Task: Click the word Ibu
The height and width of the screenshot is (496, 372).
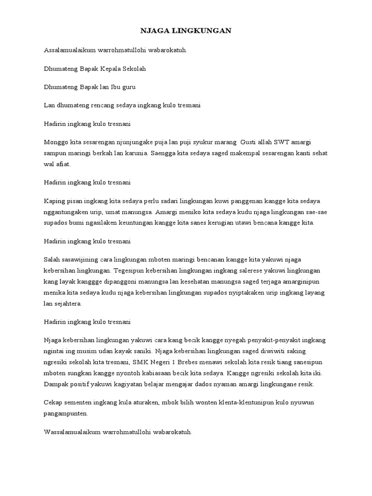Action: pos(113,88)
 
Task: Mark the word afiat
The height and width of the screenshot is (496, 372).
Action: pos(63,164)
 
